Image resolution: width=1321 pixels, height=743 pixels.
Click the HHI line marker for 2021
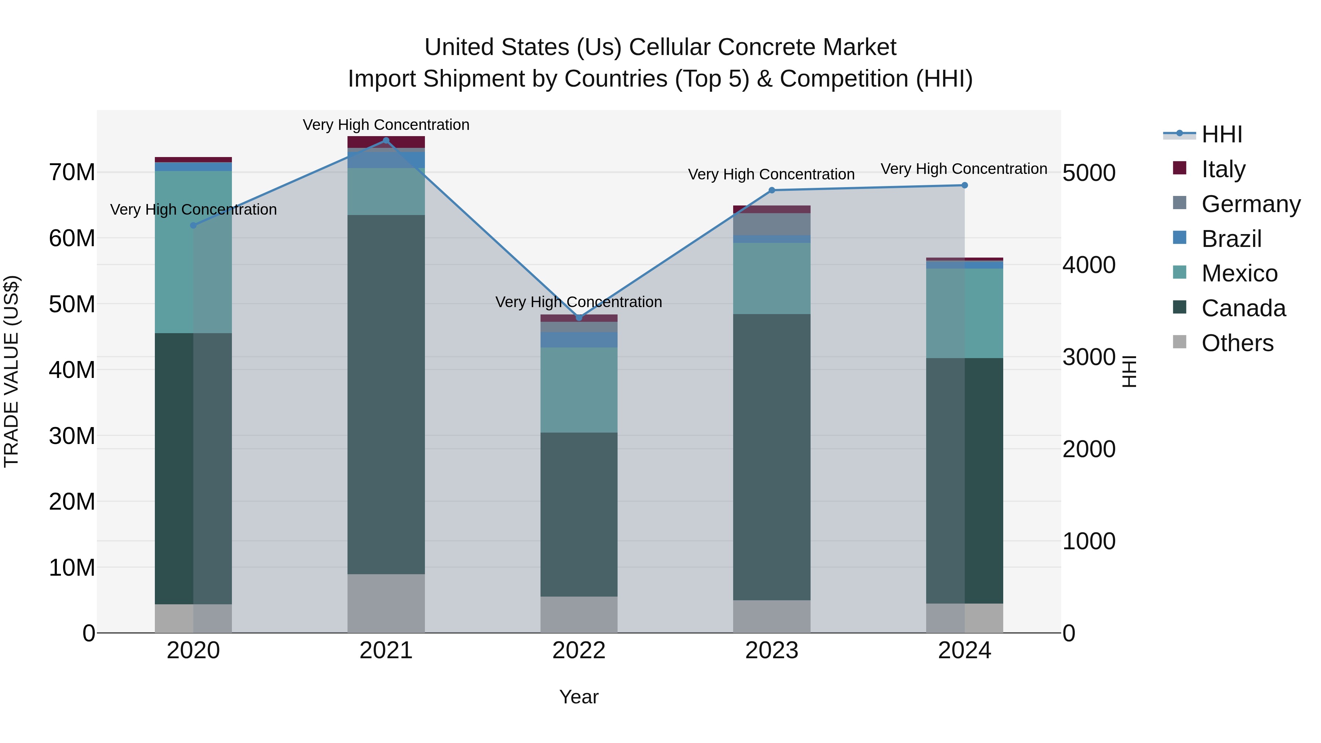[386, 141]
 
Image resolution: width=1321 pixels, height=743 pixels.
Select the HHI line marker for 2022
[579, 318]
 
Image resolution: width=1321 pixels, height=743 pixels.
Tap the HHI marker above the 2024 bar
[965, 185]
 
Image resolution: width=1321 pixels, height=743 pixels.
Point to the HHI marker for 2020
[193, 226]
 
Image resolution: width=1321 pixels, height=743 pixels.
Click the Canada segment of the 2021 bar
[386, 395]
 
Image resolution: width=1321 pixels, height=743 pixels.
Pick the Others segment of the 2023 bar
[772, 616]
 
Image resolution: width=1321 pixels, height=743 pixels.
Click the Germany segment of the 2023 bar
[772, 224]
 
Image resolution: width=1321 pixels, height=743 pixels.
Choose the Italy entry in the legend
[1223, 169]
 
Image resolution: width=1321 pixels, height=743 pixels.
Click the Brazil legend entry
[1231, 239]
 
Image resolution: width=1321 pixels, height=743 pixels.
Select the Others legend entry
[1237, 343]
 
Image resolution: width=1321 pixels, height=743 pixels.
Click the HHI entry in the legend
[1222, 134]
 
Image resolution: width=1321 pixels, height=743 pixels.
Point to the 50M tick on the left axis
[72, 304]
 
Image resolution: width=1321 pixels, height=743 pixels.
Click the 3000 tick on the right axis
[1088, 357]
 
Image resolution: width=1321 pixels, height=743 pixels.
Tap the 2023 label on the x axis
[772, 651]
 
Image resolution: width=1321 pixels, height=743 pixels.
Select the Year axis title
[579, 697]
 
